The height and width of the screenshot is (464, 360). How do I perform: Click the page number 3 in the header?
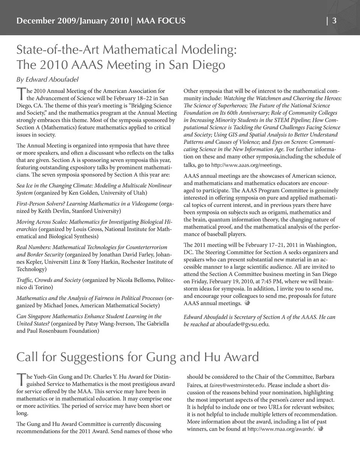334,21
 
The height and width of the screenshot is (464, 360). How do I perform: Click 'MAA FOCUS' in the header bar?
161,21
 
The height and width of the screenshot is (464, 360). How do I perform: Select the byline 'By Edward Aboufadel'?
47,79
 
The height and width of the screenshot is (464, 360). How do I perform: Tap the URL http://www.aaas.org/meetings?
246,165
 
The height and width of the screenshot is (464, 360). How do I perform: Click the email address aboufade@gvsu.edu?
242,324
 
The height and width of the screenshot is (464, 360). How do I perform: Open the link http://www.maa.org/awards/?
281,429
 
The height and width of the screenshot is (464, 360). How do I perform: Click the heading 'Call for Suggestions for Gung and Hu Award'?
138,357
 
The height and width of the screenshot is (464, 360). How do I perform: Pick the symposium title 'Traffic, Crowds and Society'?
48,280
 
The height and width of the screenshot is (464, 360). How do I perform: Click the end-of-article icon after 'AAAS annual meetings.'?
247,303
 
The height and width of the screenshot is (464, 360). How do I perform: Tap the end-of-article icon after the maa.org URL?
320,429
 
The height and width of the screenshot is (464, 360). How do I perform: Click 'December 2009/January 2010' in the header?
72,21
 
